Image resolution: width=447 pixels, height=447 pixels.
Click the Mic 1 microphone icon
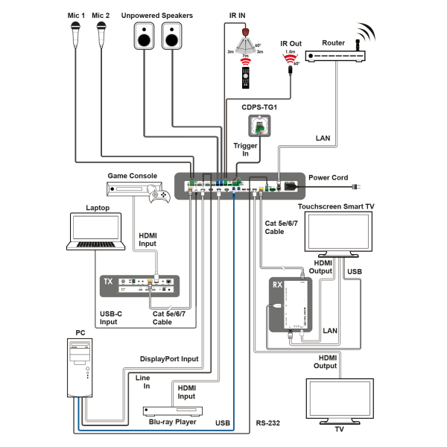coord(76,34)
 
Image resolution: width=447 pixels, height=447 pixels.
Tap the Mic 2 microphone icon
coord(102,34)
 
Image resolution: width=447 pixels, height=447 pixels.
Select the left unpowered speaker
coord(144,36)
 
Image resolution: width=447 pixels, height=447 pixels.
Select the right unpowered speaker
coord(172,36)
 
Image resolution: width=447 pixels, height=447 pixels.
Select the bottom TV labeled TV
coord(339,399)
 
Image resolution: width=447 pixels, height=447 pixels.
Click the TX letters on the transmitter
coord(108,282)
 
